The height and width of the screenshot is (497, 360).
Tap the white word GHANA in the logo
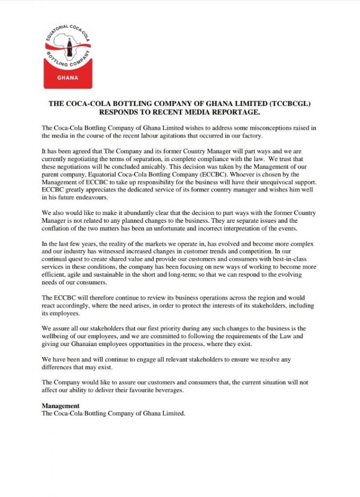coord(68,79)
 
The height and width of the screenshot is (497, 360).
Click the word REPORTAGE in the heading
coord(233,112)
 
